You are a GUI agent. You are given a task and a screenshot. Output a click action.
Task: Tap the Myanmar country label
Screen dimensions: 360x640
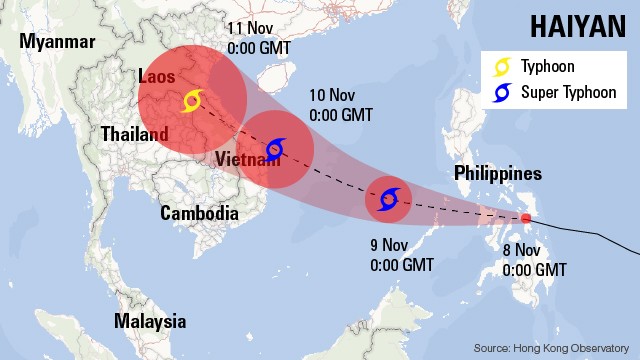coord(56,42)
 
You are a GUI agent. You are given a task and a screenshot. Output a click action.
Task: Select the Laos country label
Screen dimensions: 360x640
coord(157,77)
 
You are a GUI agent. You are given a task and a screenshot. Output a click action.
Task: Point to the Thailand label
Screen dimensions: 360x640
coord(134,134)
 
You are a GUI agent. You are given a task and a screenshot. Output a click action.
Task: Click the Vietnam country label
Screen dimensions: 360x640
coord(247,160)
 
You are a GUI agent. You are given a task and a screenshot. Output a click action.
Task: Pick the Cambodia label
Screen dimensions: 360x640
coord(200,213)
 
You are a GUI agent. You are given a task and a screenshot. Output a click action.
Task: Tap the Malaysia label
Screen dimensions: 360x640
coord(150,321)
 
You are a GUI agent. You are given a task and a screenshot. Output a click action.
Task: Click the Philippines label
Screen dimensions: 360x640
coord(497,173)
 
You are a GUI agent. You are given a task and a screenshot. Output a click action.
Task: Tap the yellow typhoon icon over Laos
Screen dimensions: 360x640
coord(193,101)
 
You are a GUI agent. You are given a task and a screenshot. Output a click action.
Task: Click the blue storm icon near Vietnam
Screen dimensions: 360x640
coord(274,150)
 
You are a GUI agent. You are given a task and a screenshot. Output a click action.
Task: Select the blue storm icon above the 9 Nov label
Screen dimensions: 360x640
coord(388,198)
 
